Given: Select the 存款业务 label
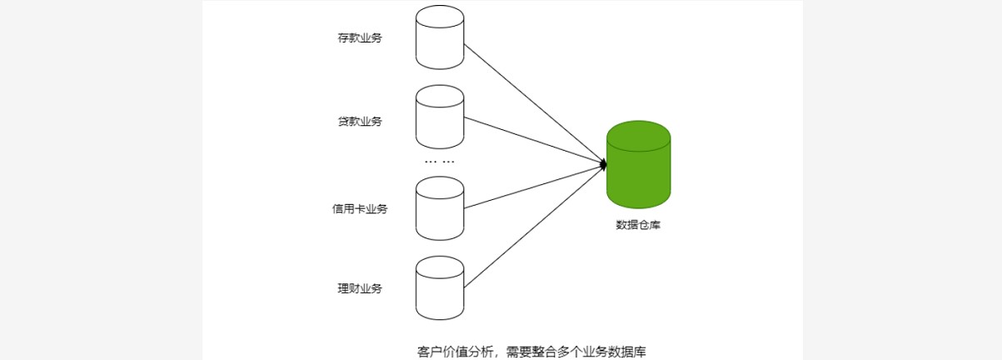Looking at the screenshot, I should coord(360,38).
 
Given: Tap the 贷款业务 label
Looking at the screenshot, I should coord(360,122).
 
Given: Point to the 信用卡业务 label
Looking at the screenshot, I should coord(360,209).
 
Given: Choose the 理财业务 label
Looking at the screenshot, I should coord(360,288).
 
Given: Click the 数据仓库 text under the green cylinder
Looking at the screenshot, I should coord(638,225).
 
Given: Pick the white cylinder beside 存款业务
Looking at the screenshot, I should coord(440,38).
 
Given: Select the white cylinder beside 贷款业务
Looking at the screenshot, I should coord(440,117).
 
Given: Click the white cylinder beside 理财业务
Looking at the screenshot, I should coord(440,288).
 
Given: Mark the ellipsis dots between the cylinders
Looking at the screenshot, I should coord(440,161).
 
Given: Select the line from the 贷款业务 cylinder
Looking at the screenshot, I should coord(533,140).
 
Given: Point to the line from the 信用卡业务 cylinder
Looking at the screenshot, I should coord(533,186).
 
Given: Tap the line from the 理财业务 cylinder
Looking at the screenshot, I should coord(533,227).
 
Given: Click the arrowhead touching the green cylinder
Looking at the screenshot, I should coord(602,165).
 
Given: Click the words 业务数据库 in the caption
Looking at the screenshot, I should coord(610,351).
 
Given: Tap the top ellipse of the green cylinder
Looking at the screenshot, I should coord(639,137).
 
